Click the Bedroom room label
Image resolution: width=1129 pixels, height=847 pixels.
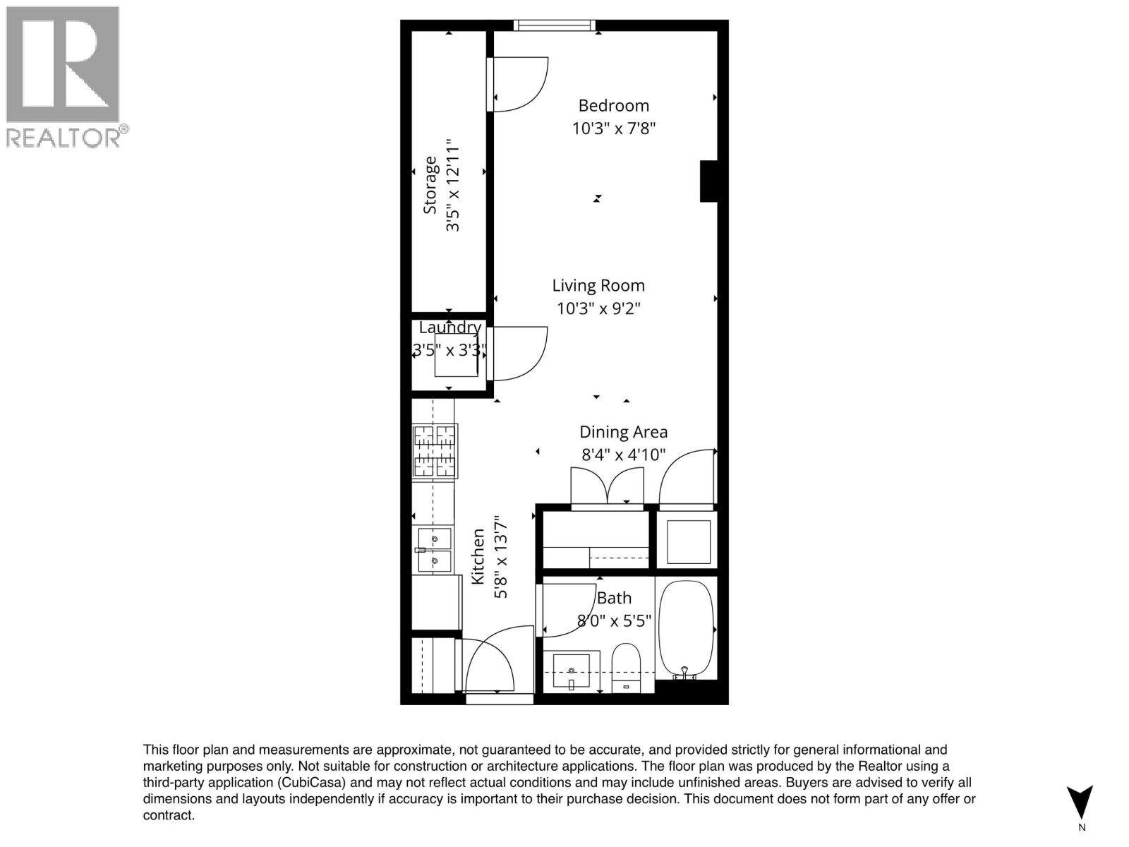click(x=613, y=106)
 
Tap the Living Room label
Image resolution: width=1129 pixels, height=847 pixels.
click(x=598, y=286)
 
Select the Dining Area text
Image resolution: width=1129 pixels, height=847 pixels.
click(x=623, y=432)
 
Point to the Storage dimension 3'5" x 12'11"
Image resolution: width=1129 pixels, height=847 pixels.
click(x=452, y=185)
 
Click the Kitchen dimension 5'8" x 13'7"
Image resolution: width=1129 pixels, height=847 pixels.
click(x=500, y=557)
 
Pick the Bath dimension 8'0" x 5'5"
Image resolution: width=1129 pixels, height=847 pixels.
click(x=614, y=621)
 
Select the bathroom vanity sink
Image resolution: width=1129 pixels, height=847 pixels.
click(x=571, y=671)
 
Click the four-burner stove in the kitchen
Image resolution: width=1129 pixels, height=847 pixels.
click(x=435, y=450)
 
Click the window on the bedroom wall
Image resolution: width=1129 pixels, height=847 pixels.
click(x=554, y=26)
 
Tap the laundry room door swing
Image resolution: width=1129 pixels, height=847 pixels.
click(x=519, y=353)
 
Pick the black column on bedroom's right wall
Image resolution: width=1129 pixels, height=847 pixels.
click(x=708, y=181)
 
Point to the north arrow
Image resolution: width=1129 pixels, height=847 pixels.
click(x=1080, y=803)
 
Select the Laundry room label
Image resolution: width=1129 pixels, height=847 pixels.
click(x=449, y=328)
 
